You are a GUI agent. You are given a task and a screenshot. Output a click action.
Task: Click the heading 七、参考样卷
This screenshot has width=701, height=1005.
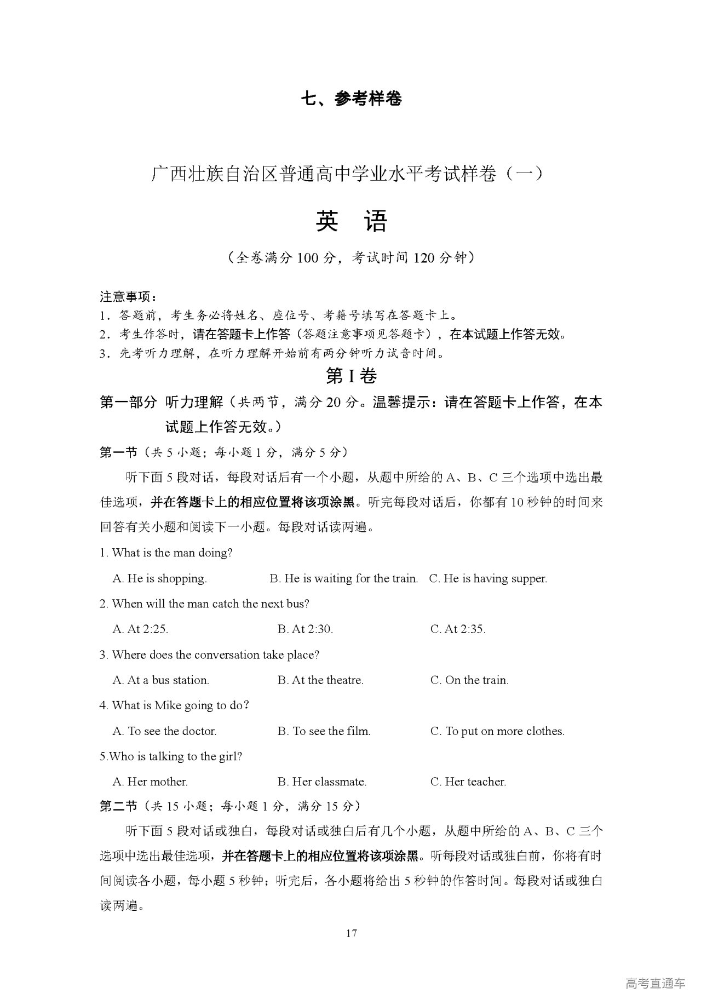pyautogui.click(x=351, y=99)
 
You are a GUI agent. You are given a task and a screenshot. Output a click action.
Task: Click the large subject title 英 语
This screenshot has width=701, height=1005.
pyautogui.click(x=351, y=221)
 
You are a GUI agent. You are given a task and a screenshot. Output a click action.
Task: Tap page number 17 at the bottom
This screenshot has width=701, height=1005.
pyautogui.click(x=351, y=933)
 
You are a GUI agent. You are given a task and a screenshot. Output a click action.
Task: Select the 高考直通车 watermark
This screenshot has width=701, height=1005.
pyautogui.click(x=654, y=984)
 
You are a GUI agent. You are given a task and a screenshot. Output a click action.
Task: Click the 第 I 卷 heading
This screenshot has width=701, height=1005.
pyautogui.click(x=351, y=376)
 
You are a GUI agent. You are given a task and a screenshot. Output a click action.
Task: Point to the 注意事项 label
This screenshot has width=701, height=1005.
pyautogui.click(x=128, y=297)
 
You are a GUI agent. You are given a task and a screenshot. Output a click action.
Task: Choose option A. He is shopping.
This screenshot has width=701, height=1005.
pyautogui.click(x=159, y=578)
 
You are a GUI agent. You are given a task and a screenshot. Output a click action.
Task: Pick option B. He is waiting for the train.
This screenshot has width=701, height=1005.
pyautogui.click(x=343, y=578)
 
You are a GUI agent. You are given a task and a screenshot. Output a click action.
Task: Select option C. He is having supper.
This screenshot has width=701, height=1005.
pyautogui.click(x=488, y=578)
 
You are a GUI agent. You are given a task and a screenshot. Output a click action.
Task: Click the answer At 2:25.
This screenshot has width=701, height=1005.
pyautogui.click(x=140, y=629)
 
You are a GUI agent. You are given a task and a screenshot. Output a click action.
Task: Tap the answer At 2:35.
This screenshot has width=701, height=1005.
pyautogui.click(x=458, y=629)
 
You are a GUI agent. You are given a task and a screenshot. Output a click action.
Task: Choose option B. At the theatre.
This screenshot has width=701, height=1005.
pyautogui.click(x=320, y=680)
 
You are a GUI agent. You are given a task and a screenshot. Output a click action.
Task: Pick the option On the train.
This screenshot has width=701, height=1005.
pyautogui.click(x=469, y=680)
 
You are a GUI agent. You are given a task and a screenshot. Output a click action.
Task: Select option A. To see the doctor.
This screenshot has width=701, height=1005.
pyautogui.click(x=164, y=731)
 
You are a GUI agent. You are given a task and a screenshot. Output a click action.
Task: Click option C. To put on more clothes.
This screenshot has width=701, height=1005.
pyautogui.click(x=497, y=731)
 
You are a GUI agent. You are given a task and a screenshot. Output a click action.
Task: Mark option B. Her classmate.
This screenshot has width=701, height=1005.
pyautogui.click(x=322, y=782)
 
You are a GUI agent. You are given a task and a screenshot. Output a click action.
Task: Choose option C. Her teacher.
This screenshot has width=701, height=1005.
pyautogui.click(x=468, y=782)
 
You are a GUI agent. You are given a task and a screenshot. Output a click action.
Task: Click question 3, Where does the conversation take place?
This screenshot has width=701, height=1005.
pyautogui.click(x=209, y=655)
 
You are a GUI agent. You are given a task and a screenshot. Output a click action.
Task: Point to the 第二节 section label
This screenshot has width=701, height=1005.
pyautogui.click(x=118, y=806)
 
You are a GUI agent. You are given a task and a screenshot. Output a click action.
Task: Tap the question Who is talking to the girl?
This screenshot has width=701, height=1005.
pyautogui.click(x=171, y=756)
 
